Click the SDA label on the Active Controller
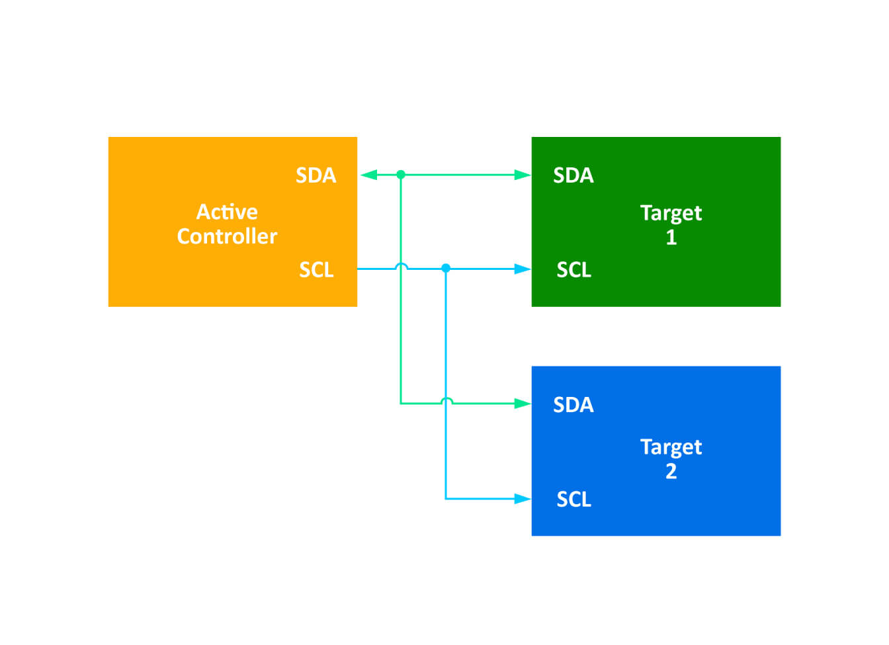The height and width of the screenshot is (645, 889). coord(316,175)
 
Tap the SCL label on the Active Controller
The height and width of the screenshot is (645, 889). coord(316,270)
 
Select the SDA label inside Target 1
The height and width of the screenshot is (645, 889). coord(573,175)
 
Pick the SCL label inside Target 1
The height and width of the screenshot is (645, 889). coord(573,270)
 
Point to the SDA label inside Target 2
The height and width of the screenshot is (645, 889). coord(573,405)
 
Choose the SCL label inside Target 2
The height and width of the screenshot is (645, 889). coord(573,499)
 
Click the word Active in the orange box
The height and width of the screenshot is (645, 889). coord(227,212)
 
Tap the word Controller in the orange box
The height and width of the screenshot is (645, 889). coord(227,236)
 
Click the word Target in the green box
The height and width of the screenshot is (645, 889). coord(671,213)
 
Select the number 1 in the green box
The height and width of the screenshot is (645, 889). coord(671,237)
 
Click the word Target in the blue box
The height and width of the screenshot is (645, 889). coord(671,447)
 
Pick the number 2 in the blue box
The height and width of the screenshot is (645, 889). coord(671,472)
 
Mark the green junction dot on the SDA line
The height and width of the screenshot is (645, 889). coord(400,175)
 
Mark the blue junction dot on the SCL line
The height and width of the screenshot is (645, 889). coord(446,268)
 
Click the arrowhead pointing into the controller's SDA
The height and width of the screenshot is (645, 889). coord(368,175)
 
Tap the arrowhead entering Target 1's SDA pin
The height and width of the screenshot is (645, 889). coord(523,175)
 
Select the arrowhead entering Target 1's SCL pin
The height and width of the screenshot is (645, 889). coord(523,269)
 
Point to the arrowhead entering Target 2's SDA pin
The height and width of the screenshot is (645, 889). coord(523,404)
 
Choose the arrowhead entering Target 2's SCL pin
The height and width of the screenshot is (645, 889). coord(523,499)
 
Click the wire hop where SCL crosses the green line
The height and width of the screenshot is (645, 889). coord(401,266)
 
